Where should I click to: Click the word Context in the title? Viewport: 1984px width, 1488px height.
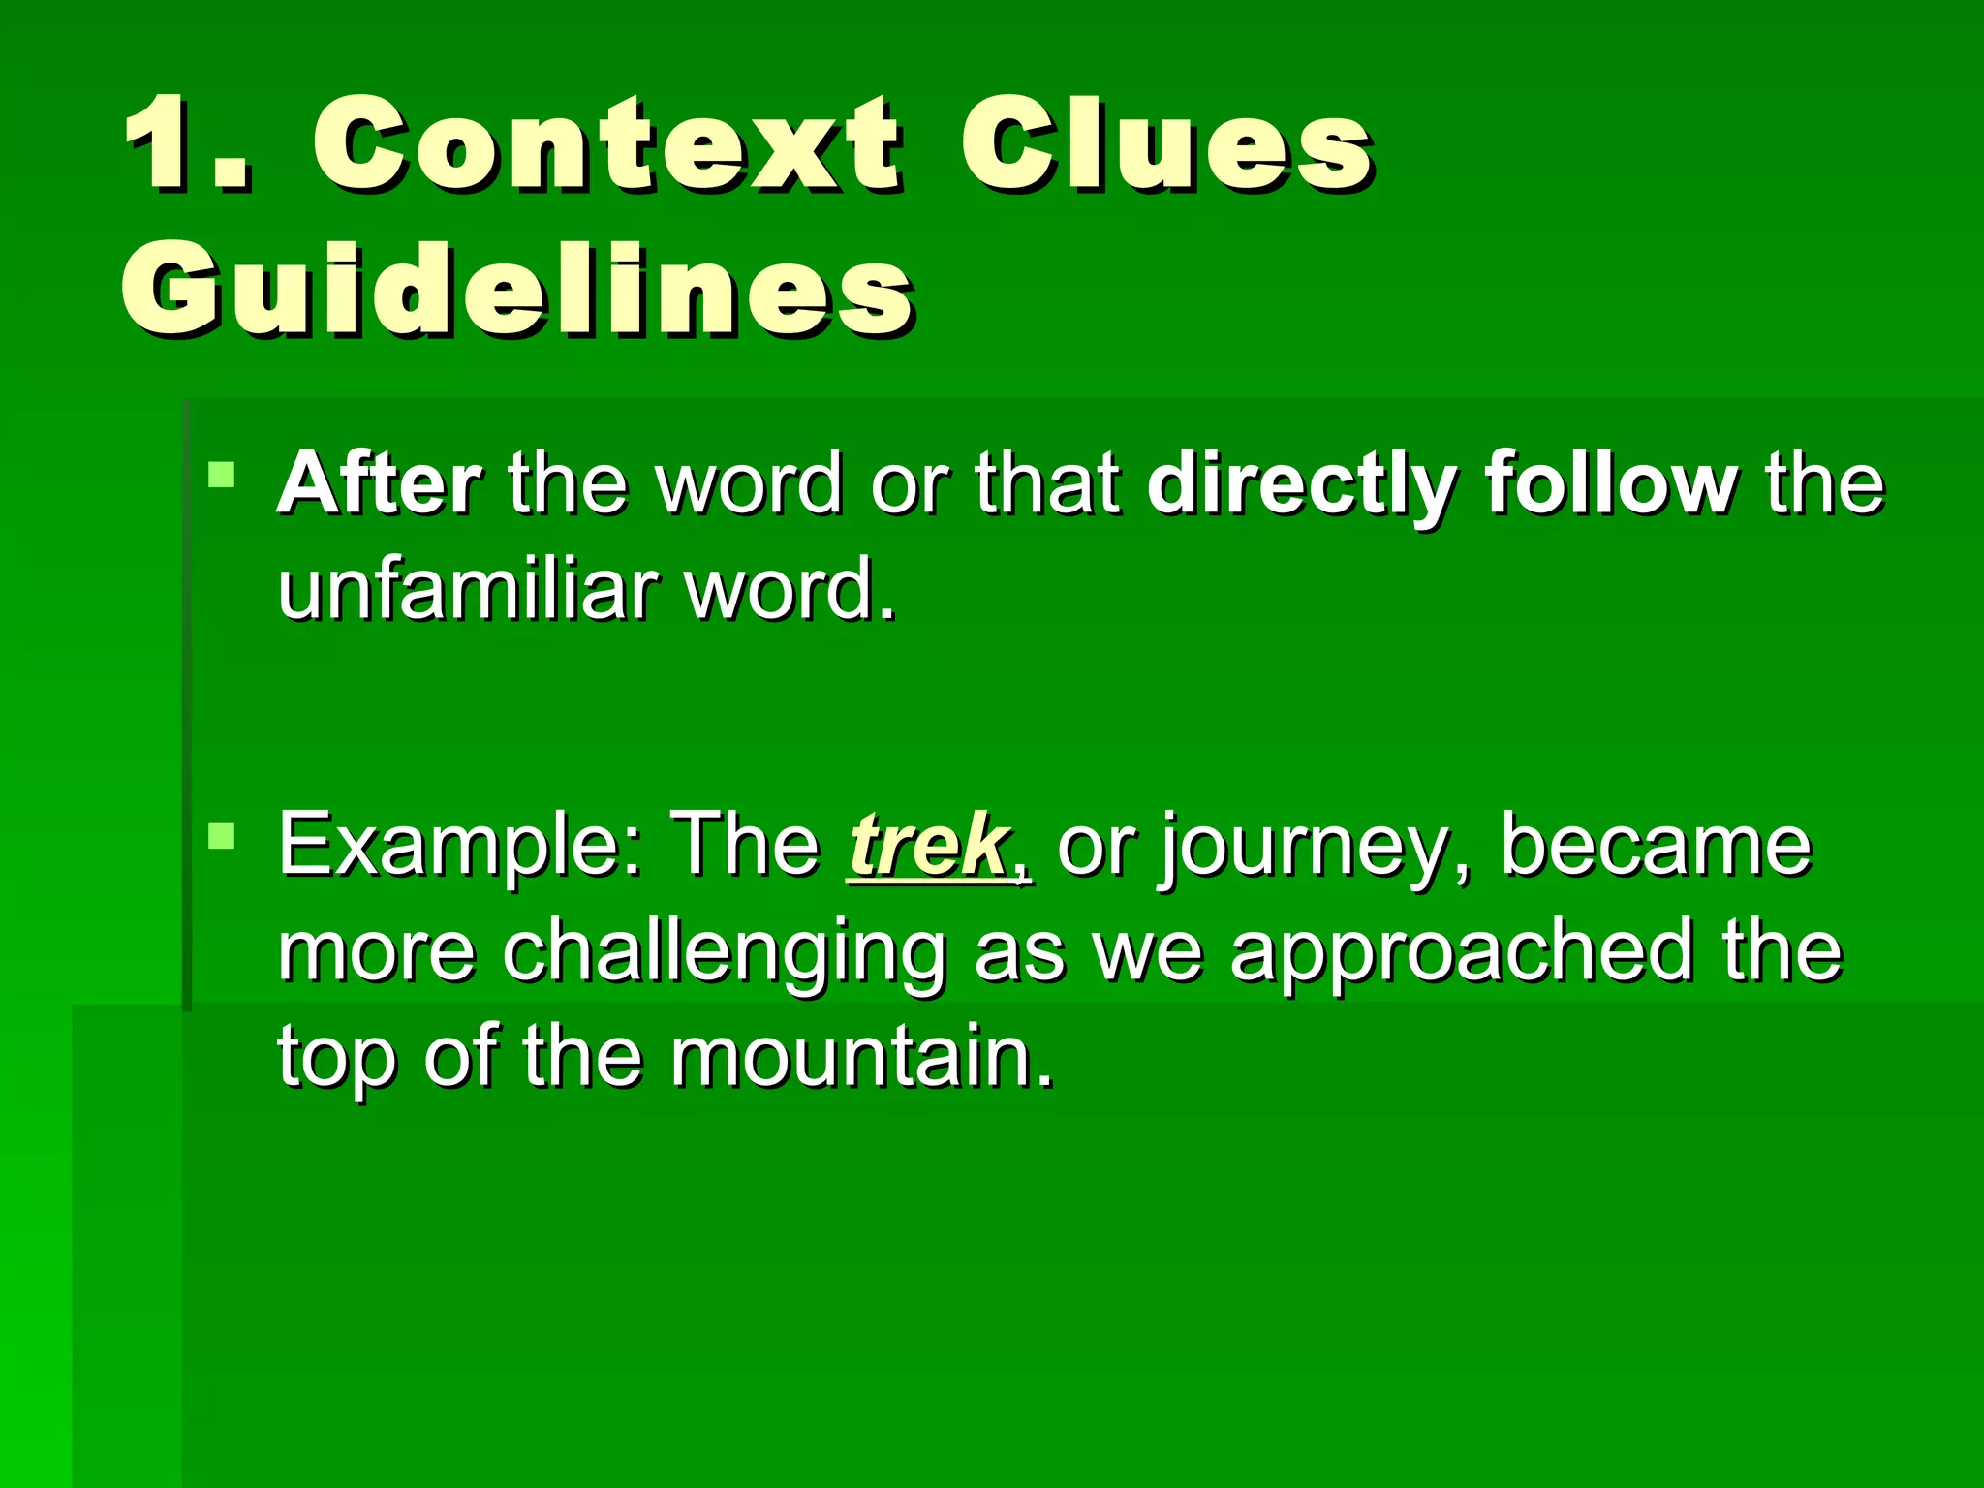pos(605,145)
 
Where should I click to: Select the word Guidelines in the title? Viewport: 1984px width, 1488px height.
pos(517,289)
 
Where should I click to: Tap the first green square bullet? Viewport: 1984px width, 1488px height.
pos(222,475)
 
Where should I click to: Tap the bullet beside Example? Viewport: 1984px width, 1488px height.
pos(222,836)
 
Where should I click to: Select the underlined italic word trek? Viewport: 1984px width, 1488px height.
pos(928,845)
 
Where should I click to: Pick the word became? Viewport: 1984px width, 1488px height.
pos(1656,845)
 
